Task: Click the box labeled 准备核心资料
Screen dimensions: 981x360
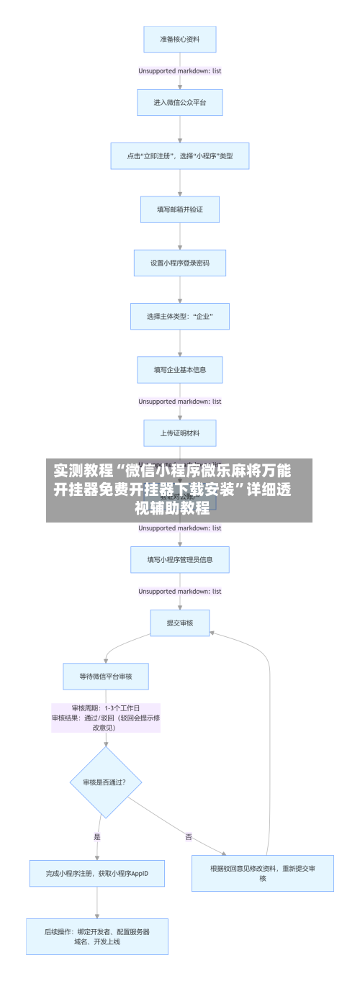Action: coord(179,39)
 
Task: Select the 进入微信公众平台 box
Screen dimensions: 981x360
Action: coord(179,102)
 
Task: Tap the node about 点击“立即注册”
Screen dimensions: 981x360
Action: coord(179,155)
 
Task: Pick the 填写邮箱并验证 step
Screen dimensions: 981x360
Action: coord(179,209)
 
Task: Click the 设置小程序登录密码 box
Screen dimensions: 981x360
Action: coord(179,263)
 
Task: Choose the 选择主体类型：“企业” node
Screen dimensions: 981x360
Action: coord(179,316)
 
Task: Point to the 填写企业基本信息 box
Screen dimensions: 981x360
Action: coord(179,369)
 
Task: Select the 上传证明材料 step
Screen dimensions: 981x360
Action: coord(179,433)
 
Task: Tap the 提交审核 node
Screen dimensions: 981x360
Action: coord(179,623)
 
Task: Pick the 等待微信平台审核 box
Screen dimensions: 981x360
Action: coord(105,676)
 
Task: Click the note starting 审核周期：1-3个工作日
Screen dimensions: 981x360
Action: coord(105,718)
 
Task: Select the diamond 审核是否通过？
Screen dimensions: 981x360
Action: coord(105,782)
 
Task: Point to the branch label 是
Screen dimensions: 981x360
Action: coord(97,836)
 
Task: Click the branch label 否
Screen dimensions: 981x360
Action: coord(189,836)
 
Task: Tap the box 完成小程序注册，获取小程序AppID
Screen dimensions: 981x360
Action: coord(97,873)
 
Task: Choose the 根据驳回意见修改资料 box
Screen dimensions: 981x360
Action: coord(262,873)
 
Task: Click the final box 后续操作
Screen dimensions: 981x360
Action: coord(97,936)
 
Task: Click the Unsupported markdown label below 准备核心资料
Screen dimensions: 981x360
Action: coord(179,71)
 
